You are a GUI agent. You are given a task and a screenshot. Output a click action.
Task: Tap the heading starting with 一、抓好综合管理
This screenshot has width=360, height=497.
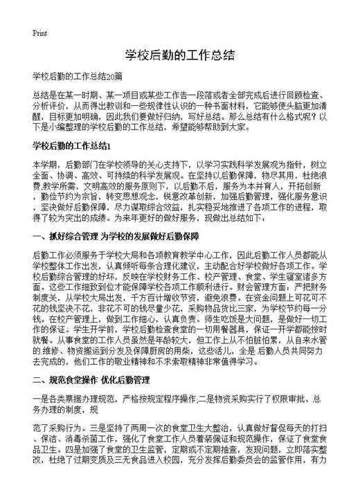point(110,237)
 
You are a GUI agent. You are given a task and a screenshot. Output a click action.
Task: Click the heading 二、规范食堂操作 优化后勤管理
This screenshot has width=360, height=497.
point(91,380)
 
